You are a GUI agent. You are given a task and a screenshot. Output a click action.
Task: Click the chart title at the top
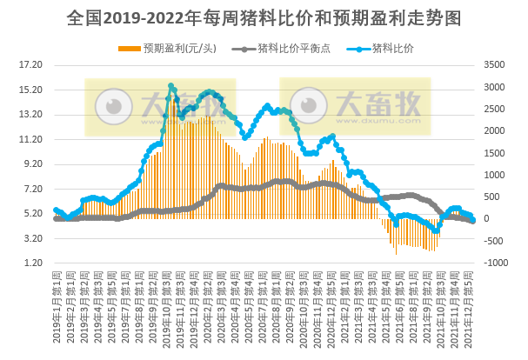tap(264, 17)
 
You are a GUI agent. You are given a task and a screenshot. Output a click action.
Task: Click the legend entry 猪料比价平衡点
tap(288, 47)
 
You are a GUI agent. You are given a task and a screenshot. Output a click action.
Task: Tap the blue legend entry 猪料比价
tap(391, 47)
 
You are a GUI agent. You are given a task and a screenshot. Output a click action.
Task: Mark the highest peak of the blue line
tap(171, 86)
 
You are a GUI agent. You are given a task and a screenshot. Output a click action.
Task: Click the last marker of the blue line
tap(472, 218)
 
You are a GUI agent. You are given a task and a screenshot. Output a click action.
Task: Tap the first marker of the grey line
tap(56, 219)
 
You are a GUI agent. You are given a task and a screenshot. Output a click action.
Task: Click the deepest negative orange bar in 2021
tap(396, 255)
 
